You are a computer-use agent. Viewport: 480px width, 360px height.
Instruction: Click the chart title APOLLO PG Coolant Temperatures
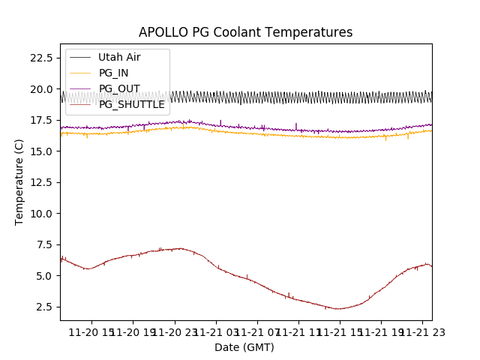245,32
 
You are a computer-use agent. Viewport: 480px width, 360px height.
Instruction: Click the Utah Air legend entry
118,57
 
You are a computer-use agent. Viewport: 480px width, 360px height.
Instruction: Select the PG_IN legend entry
113,73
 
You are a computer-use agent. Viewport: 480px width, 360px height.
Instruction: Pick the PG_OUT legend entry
118,88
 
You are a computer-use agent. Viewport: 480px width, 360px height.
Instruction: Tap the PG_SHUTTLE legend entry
131,104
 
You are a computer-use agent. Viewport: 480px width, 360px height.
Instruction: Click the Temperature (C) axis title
19,182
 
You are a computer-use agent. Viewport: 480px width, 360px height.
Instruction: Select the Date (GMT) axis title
244,347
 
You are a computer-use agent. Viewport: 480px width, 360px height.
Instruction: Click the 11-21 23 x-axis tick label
422,332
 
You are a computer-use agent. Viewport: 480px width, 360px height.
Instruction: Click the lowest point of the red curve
339,309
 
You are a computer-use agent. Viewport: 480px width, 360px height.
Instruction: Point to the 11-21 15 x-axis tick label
339,332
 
